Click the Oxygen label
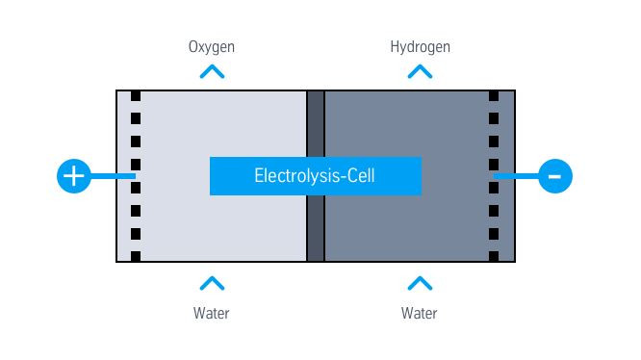[212, 46]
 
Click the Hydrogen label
[420, 46]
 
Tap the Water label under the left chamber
[212, 313]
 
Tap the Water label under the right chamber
[420, 313]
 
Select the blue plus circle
[74, 176]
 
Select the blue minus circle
[555, 176]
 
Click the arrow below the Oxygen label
[212, 71]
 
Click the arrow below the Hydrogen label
[420, 71]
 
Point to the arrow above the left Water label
[212, 283]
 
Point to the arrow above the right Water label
[420, 283]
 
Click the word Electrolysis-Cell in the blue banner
[315, 176]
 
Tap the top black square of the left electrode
[136, 96]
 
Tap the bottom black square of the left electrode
[136, 256]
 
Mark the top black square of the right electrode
[494, 96]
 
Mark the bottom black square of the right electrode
[494, 256]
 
